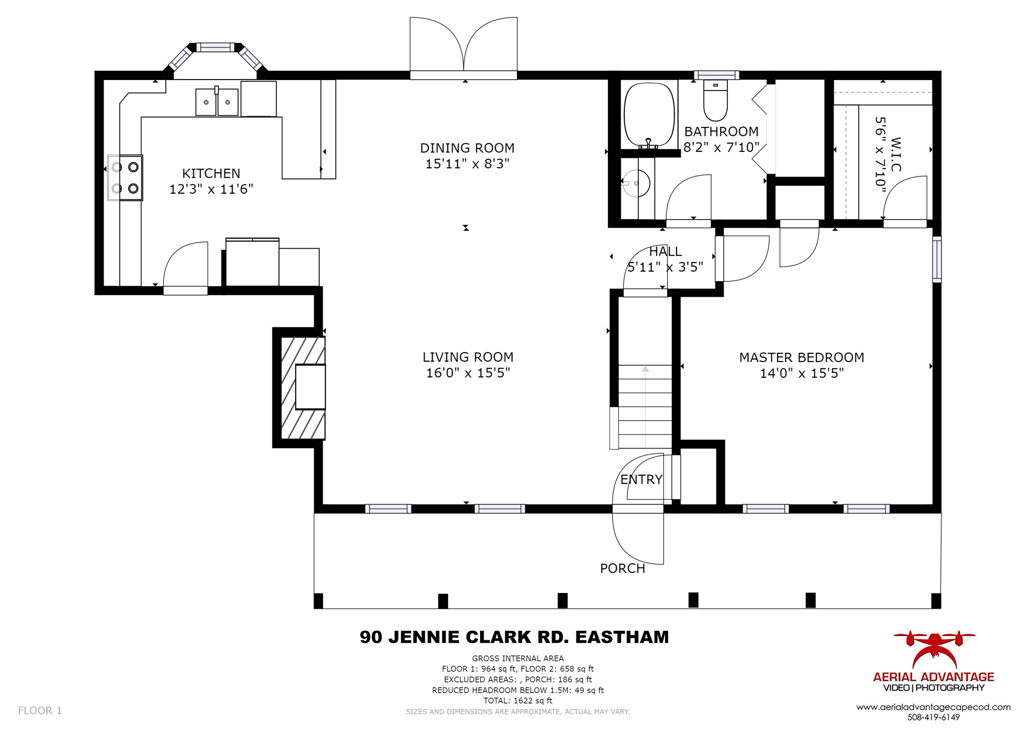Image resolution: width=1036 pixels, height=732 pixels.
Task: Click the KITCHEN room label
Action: [211, 173]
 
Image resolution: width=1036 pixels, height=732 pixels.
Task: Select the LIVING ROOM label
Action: [468, 357]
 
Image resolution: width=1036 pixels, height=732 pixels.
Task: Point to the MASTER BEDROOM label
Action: [802, 358]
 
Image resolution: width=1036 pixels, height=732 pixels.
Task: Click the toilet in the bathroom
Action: [715, 101]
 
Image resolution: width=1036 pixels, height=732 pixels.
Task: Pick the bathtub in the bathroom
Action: [650, 115]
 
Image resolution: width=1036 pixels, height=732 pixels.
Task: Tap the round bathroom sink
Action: [636, 184]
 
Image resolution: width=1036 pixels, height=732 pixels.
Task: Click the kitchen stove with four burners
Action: [125, 178]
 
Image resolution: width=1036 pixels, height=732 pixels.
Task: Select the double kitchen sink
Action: [217, 102]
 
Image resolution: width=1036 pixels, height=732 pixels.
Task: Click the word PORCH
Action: [622, 569]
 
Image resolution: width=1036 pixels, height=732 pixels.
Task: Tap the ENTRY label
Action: [641, 479]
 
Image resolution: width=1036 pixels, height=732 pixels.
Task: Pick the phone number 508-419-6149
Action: [933, 717]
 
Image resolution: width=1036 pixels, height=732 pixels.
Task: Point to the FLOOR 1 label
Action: [40, 711]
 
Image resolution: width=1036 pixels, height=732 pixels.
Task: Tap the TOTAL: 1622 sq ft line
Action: [518, 701]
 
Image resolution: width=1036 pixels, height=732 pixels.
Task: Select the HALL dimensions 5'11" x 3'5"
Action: [665, 267]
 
